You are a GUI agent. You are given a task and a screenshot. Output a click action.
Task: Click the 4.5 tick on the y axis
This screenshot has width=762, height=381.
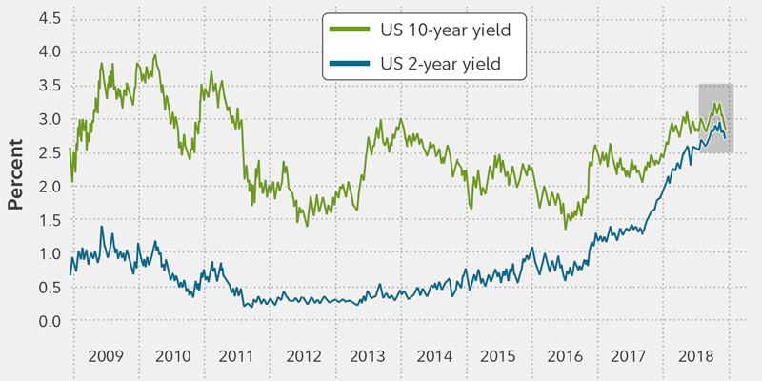click(50, 18)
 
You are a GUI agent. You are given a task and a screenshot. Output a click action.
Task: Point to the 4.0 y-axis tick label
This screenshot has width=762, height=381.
click(50, 51)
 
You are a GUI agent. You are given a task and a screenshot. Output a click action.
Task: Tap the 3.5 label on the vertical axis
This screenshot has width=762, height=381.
click(50, 86)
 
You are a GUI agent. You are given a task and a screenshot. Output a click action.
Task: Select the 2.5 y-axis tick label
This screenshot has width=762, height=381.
click(50, 153)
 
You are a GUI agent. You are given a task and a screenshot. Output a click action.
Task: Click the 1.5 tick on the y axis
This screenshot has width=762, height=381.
click(50, 220)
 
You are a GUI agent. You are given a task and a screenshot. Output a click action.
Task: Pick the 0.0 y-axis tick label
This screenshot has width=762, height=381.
click(50, 322)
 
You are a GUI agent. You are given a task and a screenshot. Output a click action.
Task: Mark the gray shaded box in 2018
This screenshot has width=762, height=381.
click(715, 119)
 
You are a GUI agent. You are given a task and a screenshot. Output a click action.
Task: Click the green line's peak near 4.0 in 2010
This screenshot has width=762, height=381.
click(155, 55)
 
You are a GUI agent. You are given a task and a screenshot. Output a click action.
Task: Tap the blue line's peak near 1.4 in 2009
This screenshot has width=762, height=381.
click(103, 227)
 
